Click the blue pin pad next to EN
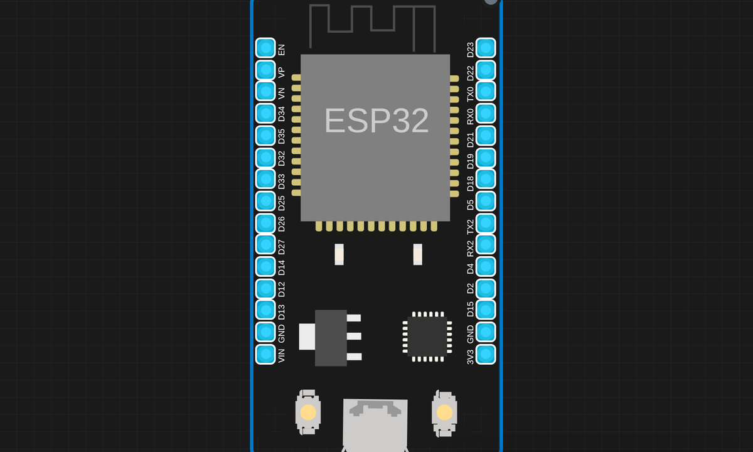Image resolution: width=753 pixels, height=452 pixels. [265, 48]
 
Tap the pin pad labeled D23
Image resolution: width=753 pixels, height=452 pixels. [486, 48]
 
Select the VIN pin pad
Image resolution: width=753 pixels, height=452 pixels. [265, 354]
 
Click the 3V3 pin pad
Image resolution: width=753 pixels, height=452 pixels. [486, 354]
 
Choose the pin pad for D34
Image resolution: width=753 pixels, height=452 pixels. [265, 114]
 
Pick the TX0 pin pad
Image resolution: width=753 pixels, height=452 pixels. [486, 91]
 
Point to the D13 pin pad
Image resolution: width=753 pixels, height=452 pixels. [265, 310]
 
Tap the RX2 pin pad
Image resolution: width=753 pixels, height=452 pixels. [486, 244]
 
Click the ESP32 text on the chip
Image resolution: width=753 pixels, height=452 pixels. [376, 121]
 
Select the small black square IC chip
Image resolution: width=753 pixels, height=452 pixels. [427, 336]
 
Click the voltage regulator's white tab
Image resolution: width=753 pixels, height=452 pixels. [307, 336]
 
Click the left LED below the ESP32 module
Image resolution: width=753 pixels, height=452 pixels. [339, 254]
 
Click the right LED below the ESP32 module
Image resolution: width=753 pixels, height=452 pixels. [417, 254]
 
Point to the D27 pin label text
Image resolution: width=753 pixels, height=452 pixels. [281, 247]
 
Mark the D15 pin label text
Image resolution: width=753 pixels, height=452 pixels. [470, 309]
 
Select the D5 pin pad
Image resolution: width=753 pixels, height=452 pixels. [486, 201]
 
